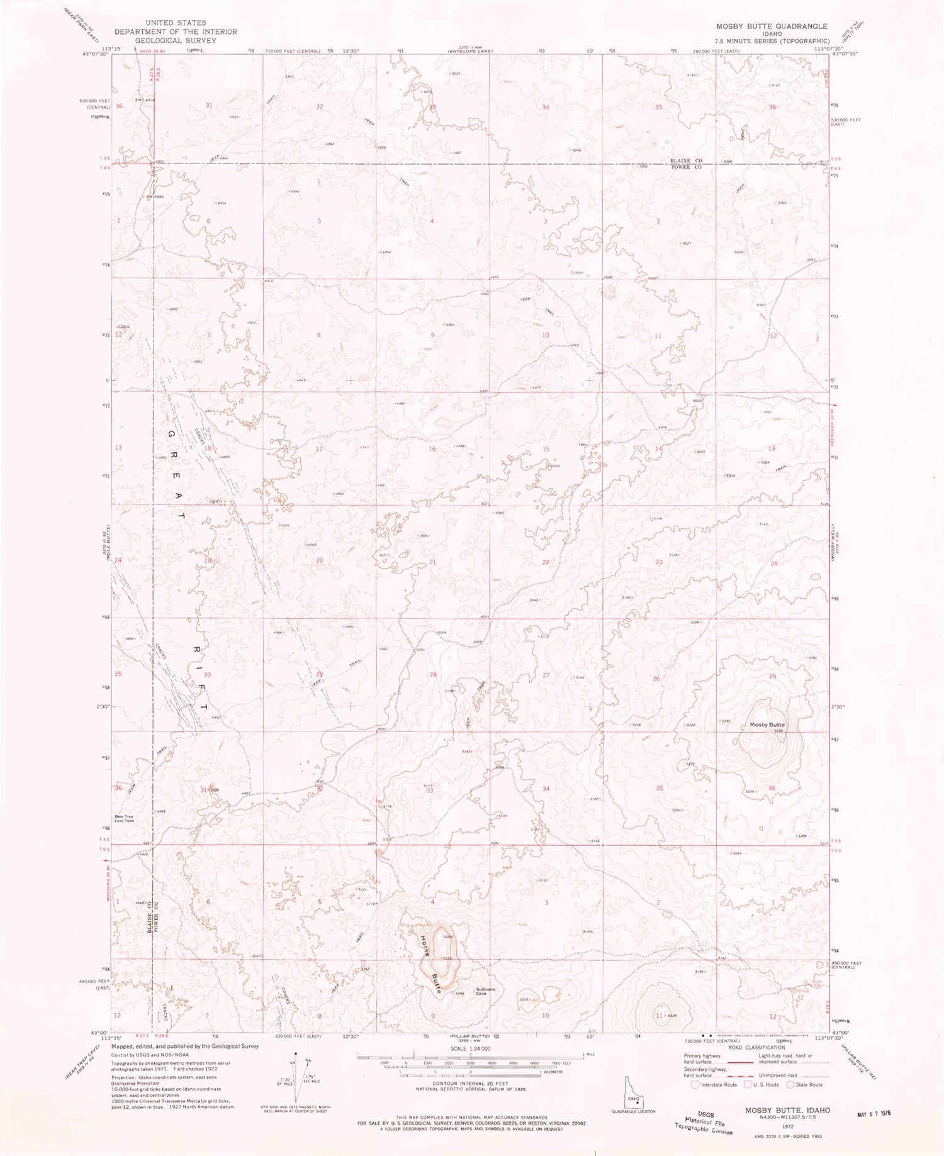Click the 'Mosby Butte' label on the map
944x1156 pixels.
767,725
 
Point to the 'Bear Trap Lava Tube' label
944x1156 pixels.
124,820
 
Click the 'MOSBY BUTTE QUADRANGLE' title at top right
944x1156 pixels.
771,26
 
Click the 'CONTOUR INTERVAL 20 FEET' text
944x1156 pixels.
471,1083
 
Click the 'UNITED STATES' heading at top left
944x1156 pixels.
176,23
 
